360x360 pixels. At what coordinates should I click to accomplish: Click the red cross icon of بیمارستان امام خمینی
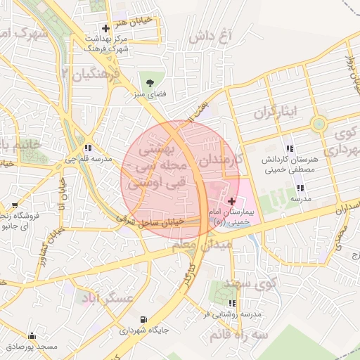click(x=232, y=201)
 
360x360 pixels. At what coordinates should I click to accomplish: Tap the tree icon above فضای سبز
click(x=149, y=83)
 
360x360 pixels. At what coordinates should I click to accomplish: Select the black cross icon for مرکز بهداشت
click(x=105, y=29)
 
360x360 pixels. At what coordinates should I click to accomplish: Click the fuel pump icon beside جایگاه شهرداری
click(x=145, y=319)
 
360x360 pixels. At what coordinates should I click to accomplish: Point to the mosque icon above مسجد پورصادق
click(x=32, y=336)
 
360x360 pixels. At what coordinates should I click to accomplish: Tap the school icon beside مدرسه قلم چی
click(x=88, y=148)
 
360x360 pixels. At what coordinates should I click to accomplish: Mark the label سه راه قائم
click(x=243, y=335)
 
